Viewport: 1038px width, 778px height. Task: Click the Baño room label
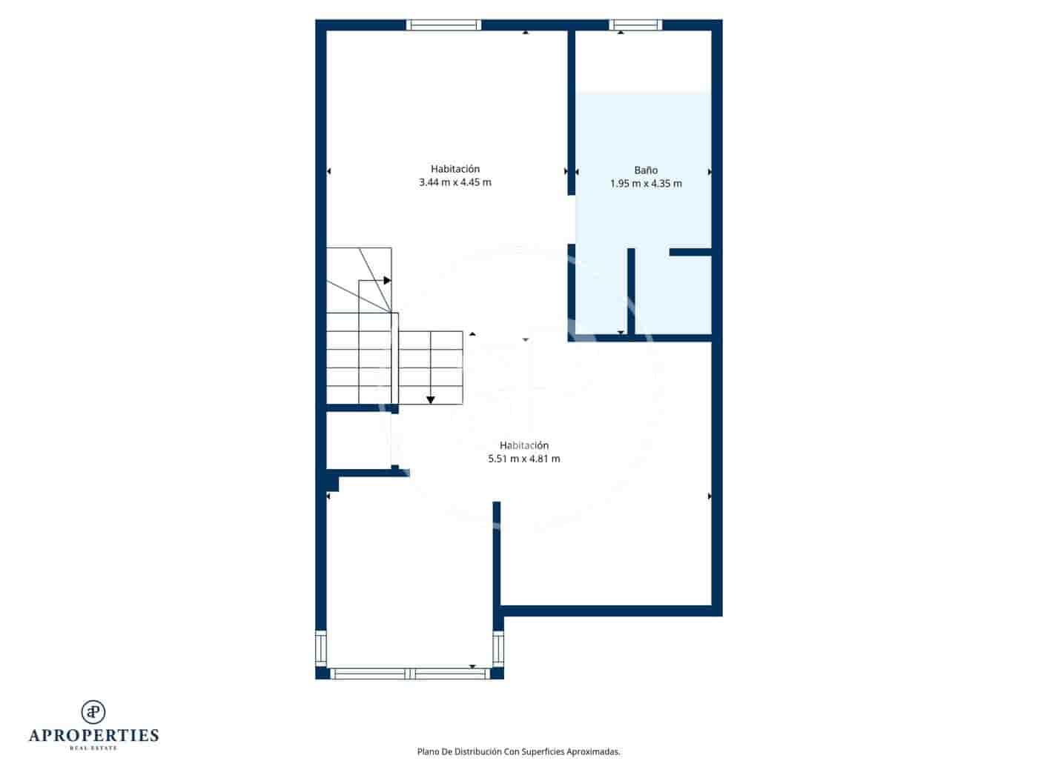point(646,170)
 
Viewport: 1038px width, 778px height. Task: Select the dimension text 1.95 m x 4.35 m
point(646,184)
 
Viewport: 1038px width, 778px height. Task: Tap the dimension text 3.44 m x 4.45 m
point(454,182)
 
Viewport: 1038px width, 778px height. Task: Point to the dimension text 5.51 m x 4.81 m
point(523,459)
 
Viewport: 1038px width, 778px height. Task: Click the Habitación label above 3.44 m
point(454,169)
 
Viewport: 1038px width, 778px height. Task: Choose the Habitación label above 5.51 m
point(523,445)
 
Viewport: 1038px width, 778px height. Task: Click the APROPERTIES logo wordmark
point(93,735)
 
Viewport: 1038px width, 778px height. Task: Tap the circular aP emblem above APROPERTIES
point(93,712)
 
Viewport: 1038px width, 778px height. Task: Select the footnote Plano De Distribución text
point(518,751)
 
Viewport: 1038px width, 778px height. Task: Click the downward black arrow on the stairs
point(430,400)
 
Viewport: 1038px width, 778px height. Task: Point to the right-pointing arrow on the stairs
point(387,280)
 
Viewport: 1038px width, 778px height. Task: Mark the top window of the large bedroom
point(443,25)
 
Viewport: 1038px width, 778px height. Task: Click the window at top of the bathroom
point(635,25)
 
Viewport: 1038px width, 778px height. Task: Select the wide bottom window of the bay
point(409,674)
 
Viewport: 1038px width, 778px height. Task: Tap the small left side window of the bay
point(321,648)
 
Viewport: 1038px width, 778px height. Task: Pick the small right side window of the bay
point(498,648)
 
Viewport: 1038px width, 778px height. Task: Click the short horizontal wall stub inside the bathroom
point(690,252)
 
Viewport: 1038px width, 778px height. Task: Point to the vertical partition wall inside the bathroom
point(631,290)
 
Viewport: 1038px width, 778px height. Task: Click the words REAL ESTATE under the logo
point(93,748)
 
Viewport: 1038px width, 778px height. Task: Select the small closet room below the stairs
point(358,440)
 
